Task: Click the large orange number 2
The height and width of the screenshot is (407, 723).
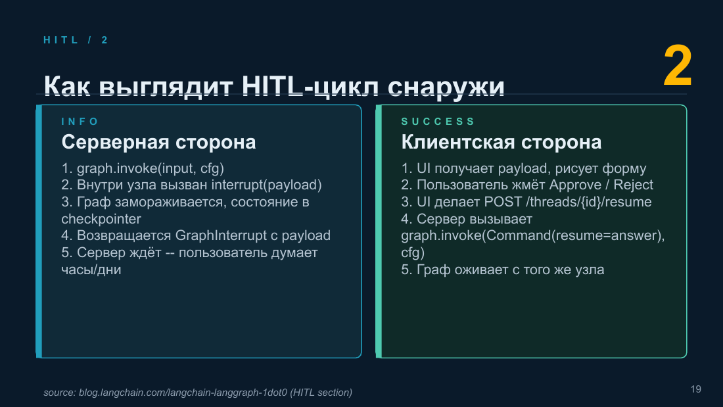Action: pyautogui.click(x=678, y=66)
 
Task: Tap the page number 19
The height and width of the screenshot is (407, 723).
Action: pyautogui.click(x=696, y=389)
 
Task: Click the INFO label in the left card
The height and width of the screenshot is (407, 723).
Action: pyautogui.click(x=80, y=122)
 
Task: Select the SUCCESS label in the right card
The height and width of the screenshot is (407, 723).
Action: pyautogui.click(x=438, y=122)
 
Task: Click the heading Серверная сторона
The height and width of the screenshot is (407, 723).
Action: pyautogui.click(x=158, y=142)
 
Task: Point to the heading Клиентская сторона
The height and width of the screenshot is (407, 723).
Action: pyautogui.click(x=501, y=142)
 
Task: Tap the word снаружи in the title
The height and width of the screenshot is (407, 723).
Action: pyautogui.click(x=446, y=87)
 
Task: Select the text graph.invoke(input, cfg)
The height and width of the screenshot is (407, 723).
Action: pyautogui.click(x=151, y=168)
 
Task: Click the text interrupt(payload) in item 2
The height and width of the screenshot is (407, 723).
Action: pyautogui.click(x=266, y=185)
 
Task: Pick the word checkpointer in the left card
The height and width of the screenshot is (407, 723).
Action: pyautogui.click(x=101, y=219)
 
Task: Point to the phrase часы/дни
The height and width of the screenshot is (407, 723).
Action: pyautogui.click(x=91, y=270)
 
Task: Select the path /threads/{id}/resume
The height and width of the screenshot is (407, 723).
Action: pyautogui.click(x=588, y=202)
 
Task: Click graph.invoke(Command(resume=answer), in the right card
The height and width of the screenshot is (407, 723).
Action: pyautogui.click(x=533, y=235)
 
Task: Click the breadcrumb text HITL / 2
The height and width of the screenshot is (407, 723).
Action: pyautogui.click(x=76, y=40)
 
